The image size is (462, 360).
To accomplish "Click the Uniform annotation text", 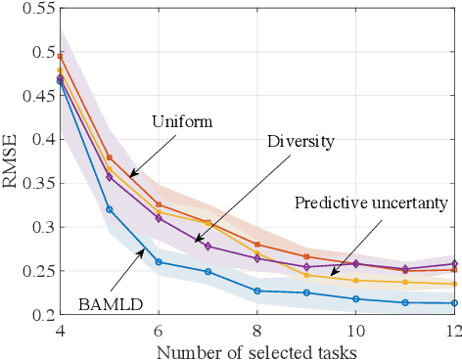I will [181, 122].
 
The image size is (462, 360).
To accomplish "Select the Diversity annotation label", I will [300, 141].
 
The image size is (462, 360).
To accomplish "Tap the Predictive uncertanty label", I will [371, 203].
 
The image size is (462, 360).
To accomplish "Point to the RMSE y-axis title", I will [14, 163].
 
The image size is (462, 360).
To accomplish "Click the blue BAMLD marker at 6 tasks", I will [159, 262].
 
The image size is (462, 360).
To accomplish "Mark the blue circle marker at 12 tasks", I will [451, 303].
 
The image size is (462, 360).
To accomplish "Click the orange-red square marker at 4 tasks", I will [60, 56].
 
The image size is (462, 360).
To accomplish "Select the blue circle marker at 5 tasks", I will [110, 208].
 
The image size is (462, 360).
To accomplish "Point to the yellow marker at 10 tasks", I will [354, 280].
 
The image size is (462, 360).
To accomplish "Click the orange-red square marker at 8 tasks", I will [256, 244].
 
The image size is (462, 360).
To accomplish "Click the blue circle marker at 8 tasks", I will [256, 291].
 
